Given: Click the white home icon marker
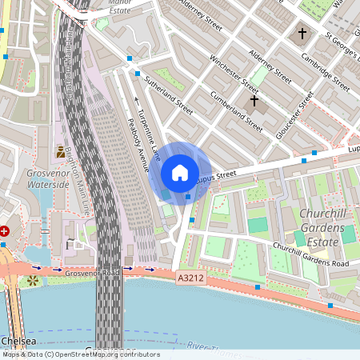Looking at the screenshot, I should click(x=180, y=172).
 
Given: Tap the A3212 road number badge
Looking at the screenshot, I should click(x=189, y=276).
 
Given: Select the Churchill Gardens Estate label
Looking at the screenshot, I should click(x=325, y=227).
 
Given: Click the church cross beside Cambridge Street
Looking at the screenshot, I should click(x=302, y=34).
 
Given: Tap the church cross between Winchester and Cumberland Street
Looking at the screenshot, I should click(x=254, y=101).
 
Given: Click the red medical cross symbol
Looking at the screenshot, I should click(x=4, y=230).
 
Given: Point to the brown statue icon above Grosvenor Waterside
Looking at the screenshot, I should click(x=60, y=151).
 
